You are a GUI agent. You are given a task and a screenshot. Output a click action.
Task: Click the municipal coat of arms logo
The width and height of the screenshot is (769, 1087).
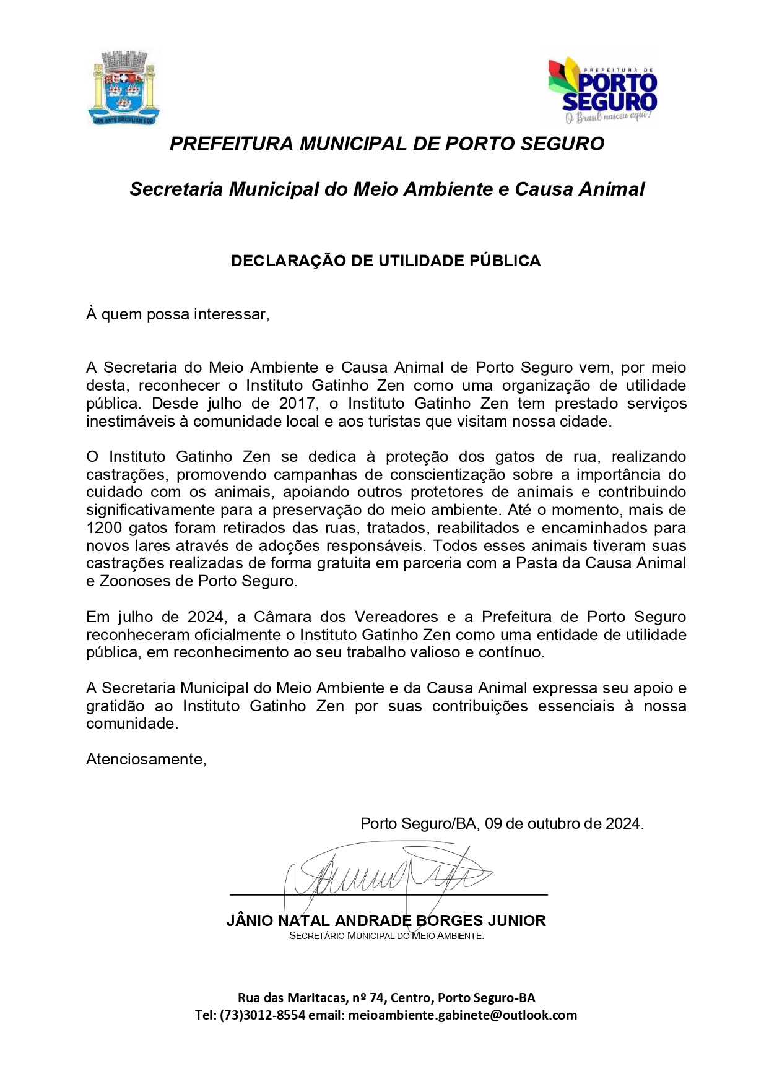point(124,88)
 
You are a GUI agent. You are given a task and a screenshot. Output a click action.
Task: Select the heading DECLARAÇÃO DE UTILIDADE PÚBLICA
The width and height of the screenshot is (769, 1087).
point(386,261)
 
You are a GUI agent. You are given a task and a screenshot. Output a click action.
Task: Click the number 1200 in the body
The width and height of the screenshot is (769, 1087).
point(103,528)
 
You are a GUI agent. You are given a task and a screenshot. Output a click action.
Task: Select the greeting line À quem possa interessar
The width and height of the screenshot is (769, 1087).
point(178,314)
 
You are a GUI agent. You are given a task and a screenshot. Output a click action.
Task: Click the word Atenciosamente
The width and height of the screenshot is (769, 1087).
point(146,759)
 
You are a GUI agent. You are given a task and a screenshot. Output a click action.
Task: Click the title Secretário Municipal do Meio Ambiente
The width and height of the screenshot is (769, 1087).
point(386,936)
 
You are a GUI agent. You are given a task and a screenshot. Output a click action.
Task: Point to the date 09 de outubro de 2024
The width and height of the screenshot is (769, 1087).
point(563,824)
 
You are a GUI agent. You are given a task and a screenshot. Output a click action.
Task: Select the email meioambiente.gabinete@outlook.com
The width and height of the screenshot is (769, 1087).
point(463,1015)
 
